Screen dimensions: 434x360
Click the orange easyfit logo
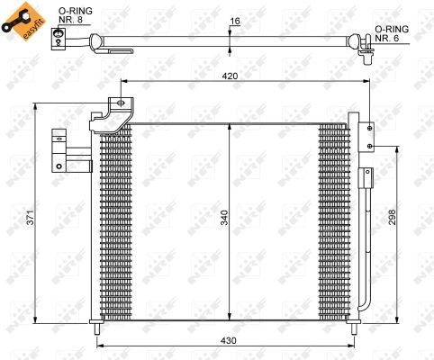click(24, 21)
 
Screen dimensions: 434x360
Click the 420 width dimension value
click(230, 76)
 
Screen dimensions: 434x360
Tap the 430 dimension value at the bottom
click(229, 341)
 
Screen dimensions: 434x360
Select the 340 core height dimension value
click(224, 218)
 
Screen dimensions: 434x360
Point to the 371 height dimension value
click(31, 217)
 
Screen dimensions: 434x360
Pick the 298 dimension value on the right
click(392, 217)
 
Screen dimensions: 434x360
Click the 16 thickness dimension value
click(235, 21)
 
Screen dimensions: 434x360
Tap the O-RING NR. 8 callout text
click(75, 15)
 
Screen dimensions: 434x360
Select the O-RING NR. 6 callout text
click(392, 33)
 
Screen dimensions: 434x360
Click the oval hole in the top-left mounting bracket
click(121, 103)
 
